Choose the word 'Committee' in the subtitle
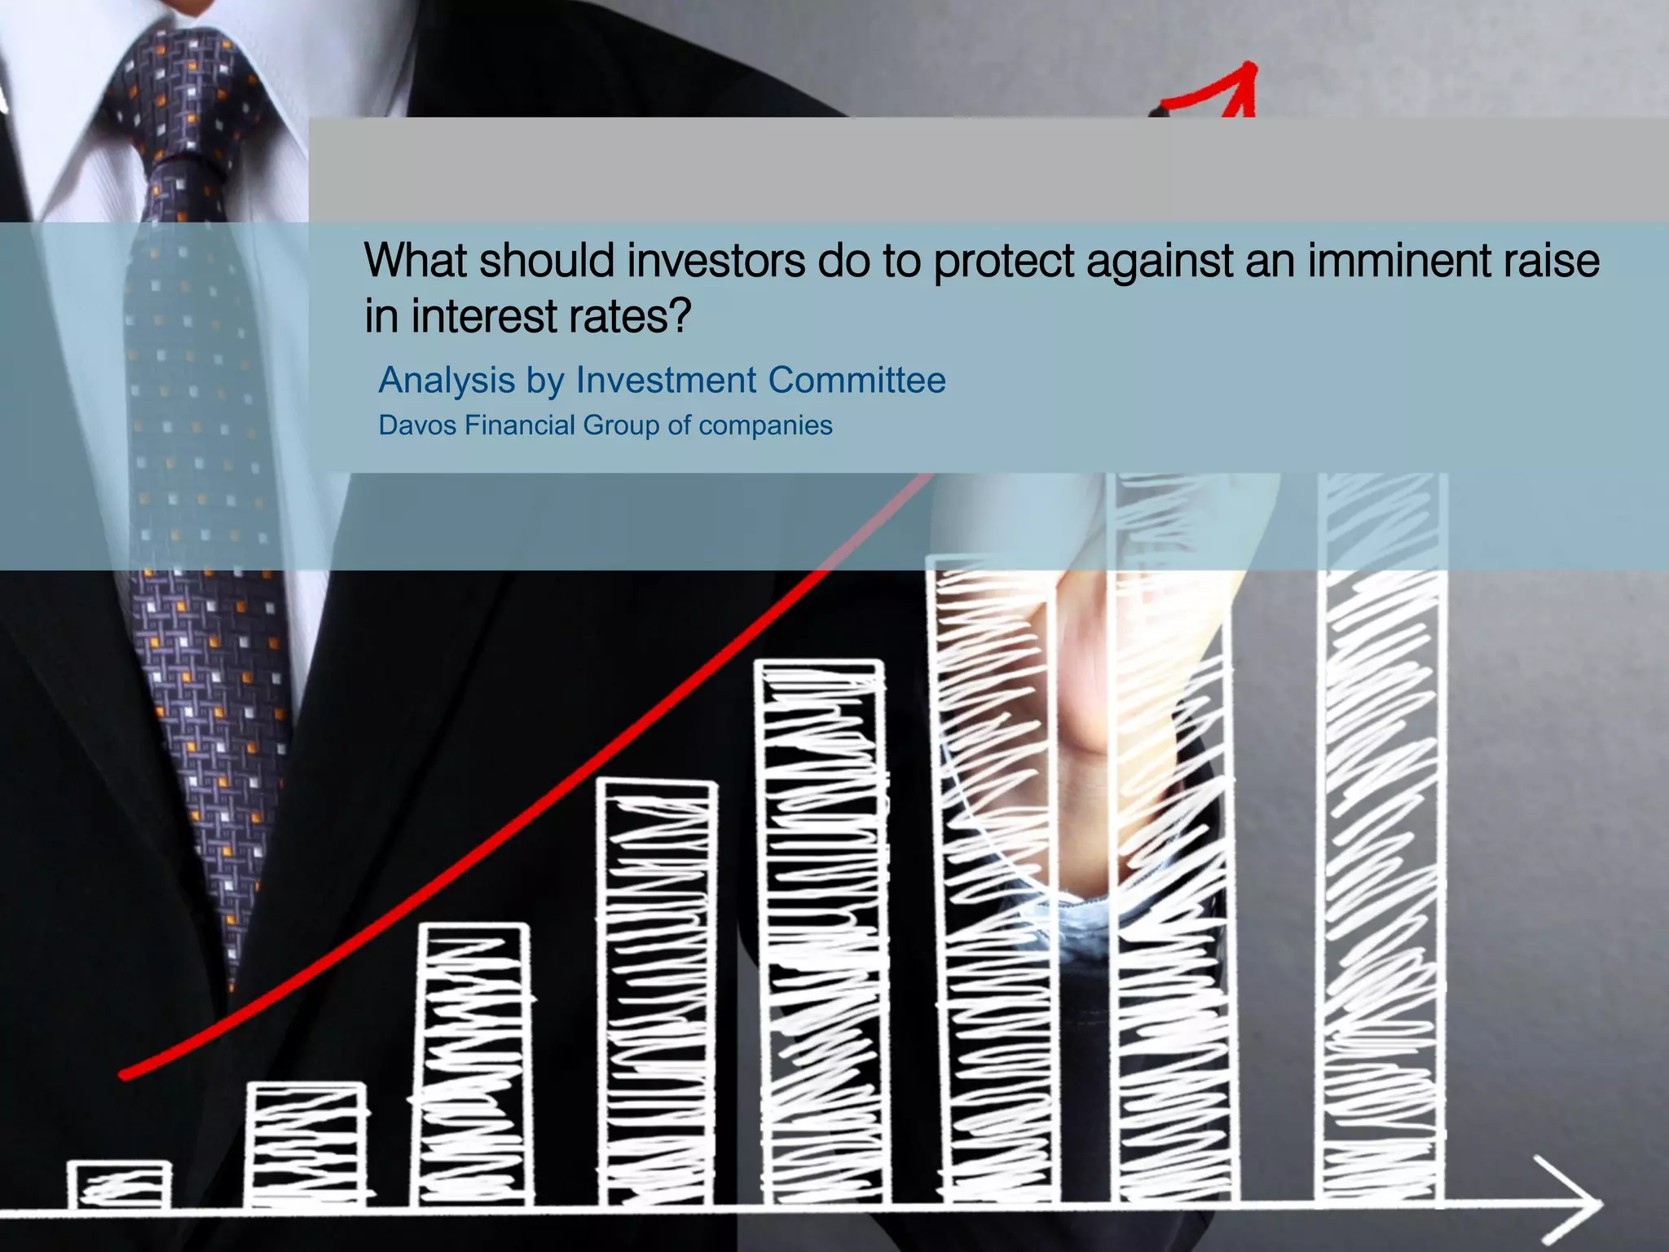(857, 380)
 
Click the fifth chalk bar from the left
(821, 929)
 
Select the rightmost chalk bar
(1381, 840)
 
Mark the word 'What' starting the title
(414, 261)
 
